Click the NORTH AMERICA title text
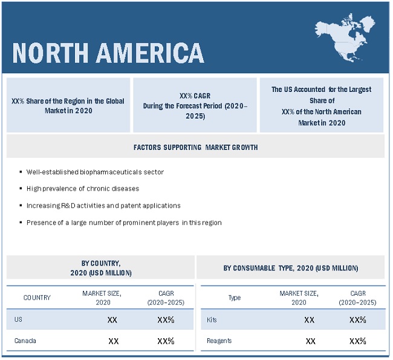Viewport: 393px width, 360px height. pyautogui.click(x=108, y=53)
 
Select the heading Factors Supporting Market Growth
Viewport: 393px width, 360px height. pyautogui.click(x=195, y=147)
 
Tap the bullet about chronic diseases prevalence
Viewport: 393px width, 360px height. pyautogui.click(x=83, y=188)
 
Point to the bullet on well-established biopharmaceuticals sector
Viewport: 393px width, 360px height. pyautogui.click(x=95, y=172)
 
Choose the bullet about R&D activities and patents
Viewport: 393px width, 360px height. pyautogui.click(x=103, y=205)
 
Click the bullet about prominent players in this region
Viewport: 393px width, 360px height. pyautogui.click(x=124, y=222)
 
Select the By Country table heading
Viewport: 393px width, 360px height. pyautogui.click(x=100, y=268)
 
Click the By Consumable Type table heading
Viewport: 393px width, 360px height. pyautogui.click(x=290, y=268)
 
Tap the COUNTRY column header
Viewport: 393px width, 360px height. pyautogui.click(x=37, y=298)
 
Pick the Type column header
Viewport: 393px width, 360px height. pyautogui.click(x=234, y=298)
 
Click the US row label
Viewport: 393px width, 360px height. pyautogui.click(x=19, y=319)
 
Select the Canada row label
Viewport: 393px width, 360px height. pyautogui.click(x=25, y=341)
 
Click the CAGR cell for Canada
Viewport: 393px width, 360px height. pyautogui.click(x=166, y=341)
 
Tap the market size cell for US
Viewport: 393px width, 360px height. pyautogui.click(x=112, y=320)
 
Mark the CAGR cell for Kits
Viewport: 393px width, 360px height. pyautogui.click(x=358, y=320)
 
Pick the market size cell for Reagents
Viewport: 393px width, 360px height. pyautogui.click(x=310, y=341)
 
